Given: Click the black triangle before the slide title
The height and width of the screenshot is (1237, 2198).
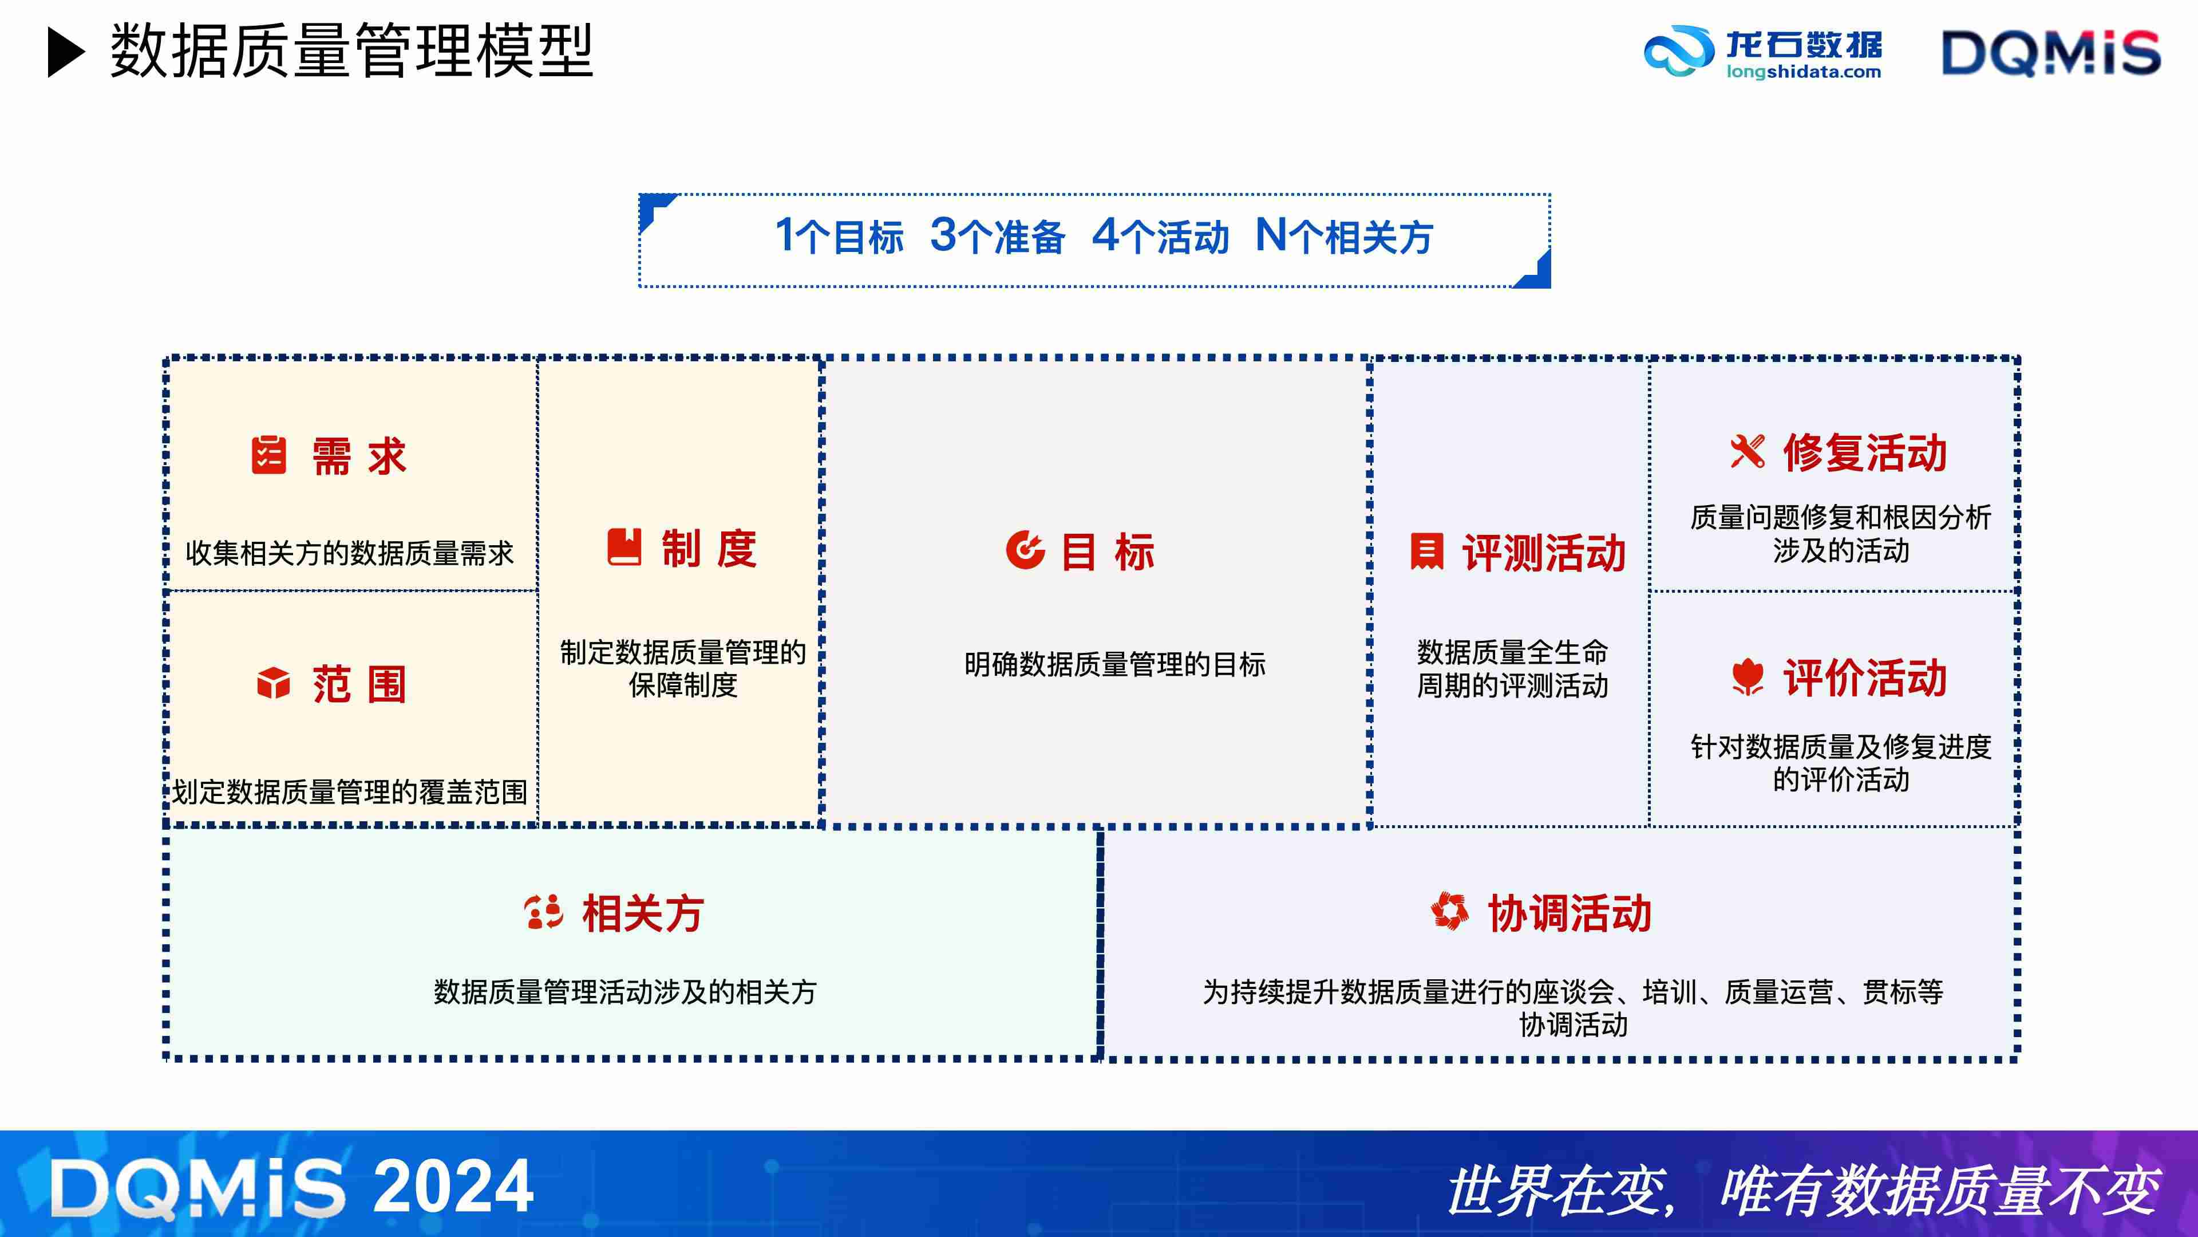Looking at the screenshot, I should click(x=66, y=52).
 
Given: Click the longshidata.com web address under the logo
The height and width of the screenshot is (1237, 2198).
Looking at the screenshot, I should click(x=1803, y=73).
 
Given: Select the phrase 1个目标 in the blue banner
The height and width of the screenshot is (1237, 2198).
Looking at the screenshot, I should click(x=839, y=237).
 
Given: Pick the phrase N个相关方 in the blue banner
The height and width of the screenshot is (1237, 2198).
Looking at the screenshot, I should click(x=1344, y=237).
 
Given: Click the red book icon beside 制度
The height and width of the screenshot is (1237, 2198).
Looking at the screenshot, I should click(x=624, y=546).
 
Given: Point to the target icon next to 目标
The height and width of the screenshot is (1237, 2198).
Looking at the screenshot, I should click(x=1025, y=549).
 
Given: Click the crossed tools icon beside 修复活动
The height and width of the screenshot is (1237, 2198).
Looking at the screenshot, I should click(x=1746, y=452).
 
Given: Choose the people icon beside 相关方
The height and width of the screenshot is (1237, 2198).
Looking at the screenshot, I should click(x=544, y=912).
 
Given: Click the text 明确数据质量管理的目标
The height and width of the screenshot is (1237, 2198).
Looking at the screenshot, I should click(x=1114, y=664).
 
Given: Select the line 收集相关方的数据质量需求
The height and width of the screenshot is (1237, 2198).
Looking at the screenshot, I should click(x=350, y=553).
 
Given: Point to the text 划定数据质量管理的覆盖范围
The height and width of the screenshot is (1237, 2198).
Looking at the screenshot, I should click(x=350, y=792).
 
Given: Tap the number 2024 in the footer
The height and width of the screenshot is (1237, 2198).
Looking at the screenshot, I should click(x=453, y=1186).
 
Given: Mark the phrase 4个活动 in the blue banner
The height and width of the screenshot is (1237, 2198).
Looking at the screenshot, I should click(x=1160, y=237).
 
